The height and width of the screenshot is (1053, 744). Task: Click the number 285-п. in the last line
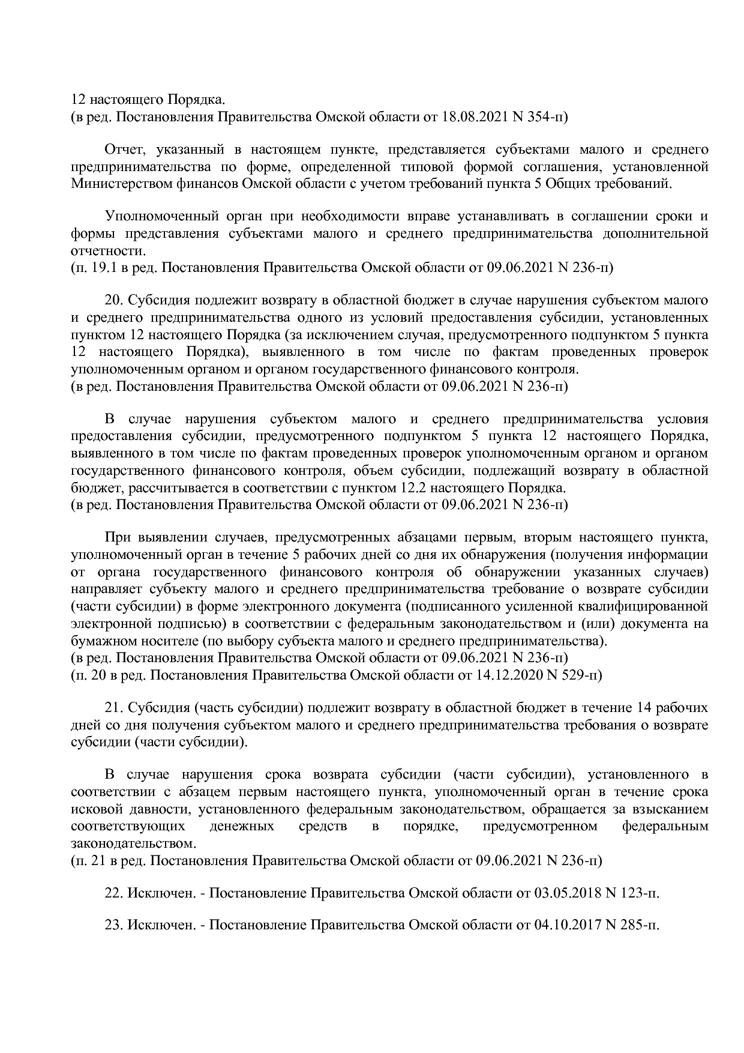click(x=639, y=925)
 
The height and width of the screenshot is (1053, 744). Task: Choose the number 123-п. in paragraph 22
click(x=639, y=893)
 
